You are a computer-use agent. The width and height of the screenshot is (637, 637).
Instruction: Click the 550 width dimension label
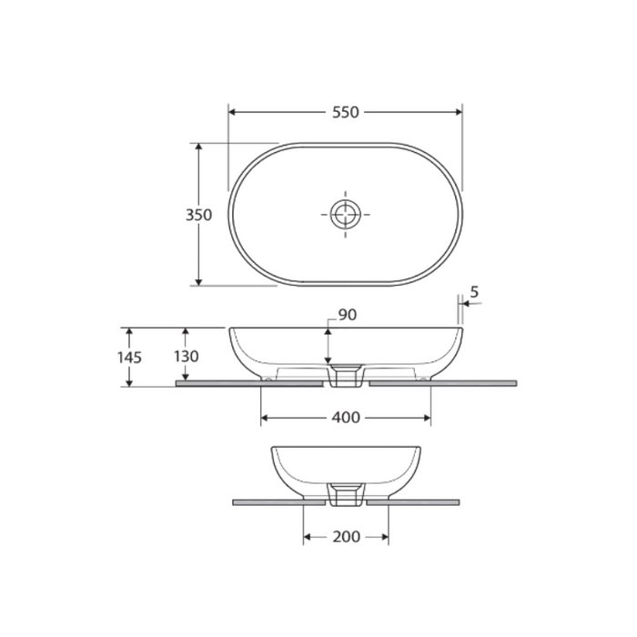[x=345, y=112]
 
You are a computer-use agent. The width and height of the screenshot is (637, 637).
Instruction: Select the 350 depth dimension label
[x=198, y=215]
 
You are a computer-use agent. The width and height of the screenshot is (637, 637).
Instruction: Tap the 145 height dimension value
[x=130, y=357]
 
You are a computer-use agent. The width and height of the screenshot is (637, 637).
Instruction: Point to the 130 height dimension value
[x=186, y=357]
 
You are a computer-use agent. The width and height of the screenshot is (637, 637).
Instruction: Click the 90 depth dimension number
[x=347, y=315]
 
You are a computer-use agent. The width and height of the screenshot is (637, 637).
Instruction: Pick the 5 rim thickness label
[x=474, y=293]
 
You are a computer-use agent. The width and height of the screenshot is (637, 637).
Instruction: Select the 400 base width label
[x=346, y=418]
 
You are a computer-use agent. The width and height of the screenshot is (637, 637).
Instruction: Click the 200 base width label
[x=346, y=537]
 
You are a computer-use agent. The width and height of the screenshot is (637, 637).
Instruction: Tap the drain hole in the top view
[x=345, y=215]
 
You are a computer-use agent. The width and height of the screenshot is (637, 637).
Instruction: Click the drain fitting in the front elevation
[x=346, y=376]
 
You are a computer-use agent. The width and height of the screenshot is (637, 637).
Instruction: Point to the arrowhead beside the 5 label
[x=465, y=306]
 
